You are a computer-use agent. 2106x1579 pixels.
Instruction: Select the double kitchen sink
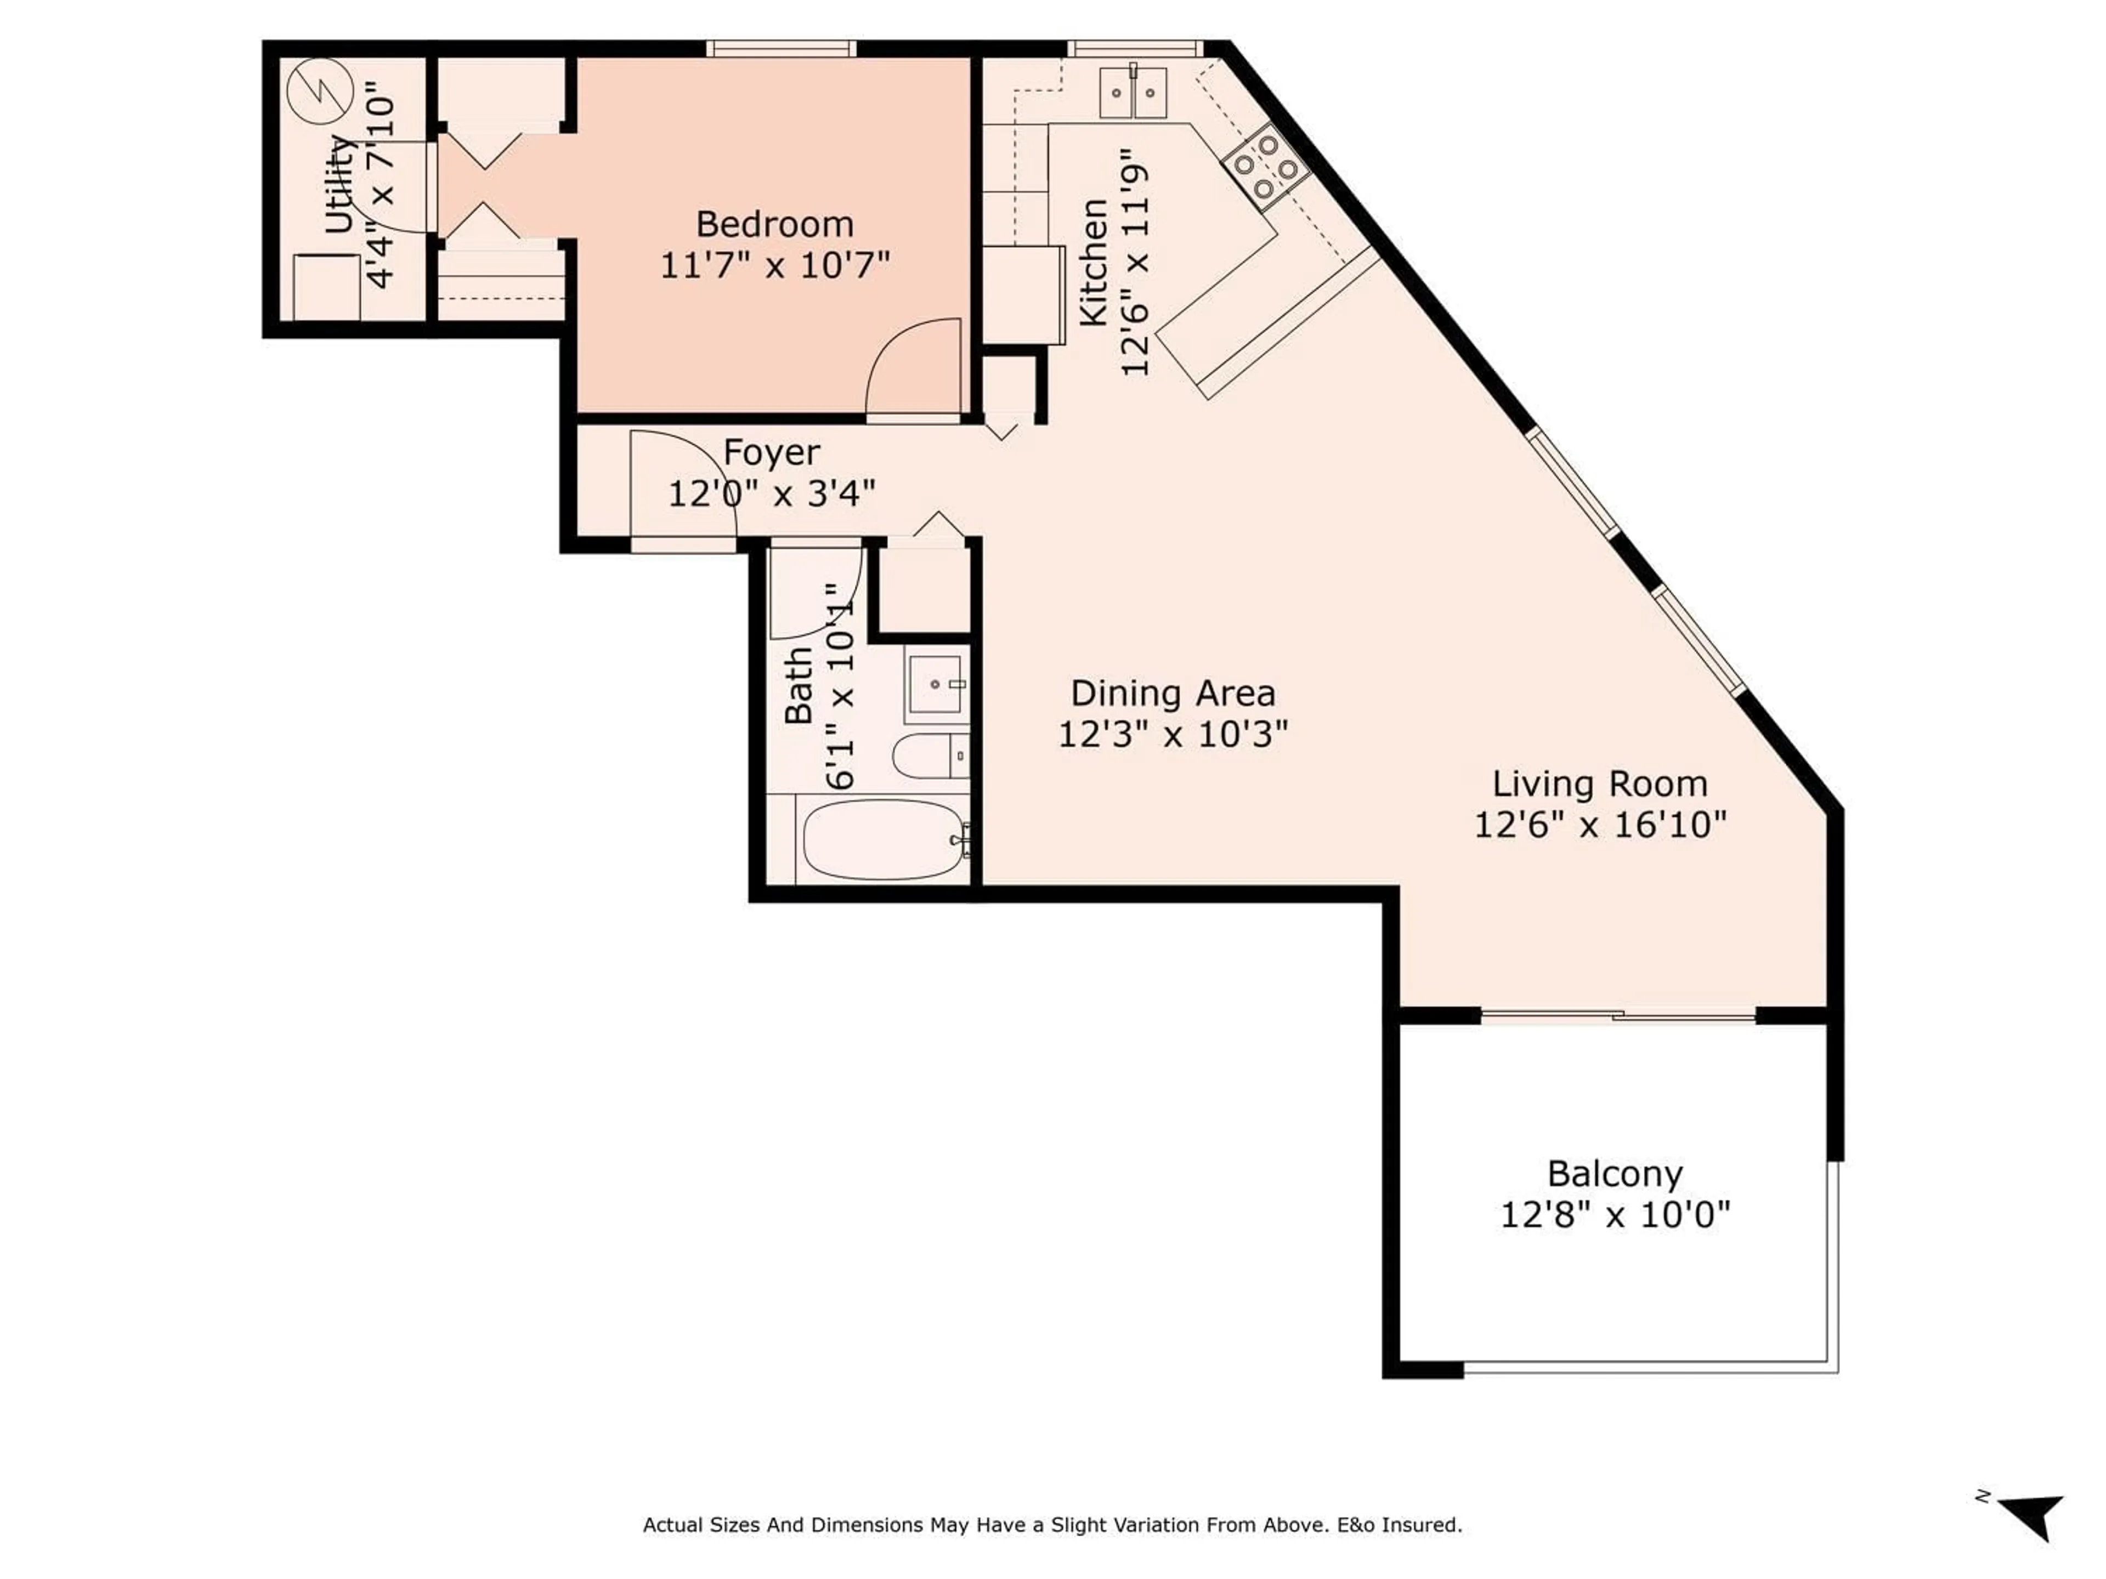tap(1133, 93)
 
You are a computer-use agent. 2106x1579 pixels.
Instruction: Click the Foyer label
tap(771, 453)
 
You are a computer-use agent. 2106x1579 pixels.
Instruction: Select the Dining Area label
tap(1173, 693)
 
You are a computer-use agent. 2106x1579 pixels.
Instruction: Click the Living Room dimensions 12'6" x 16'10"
tap(1599, 824)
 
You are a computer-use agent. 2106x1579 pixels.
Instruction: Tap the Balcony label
tap(1615, 1173)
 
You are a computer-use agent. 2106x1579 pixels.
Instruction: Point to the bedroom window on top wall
tap(781, 48)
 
